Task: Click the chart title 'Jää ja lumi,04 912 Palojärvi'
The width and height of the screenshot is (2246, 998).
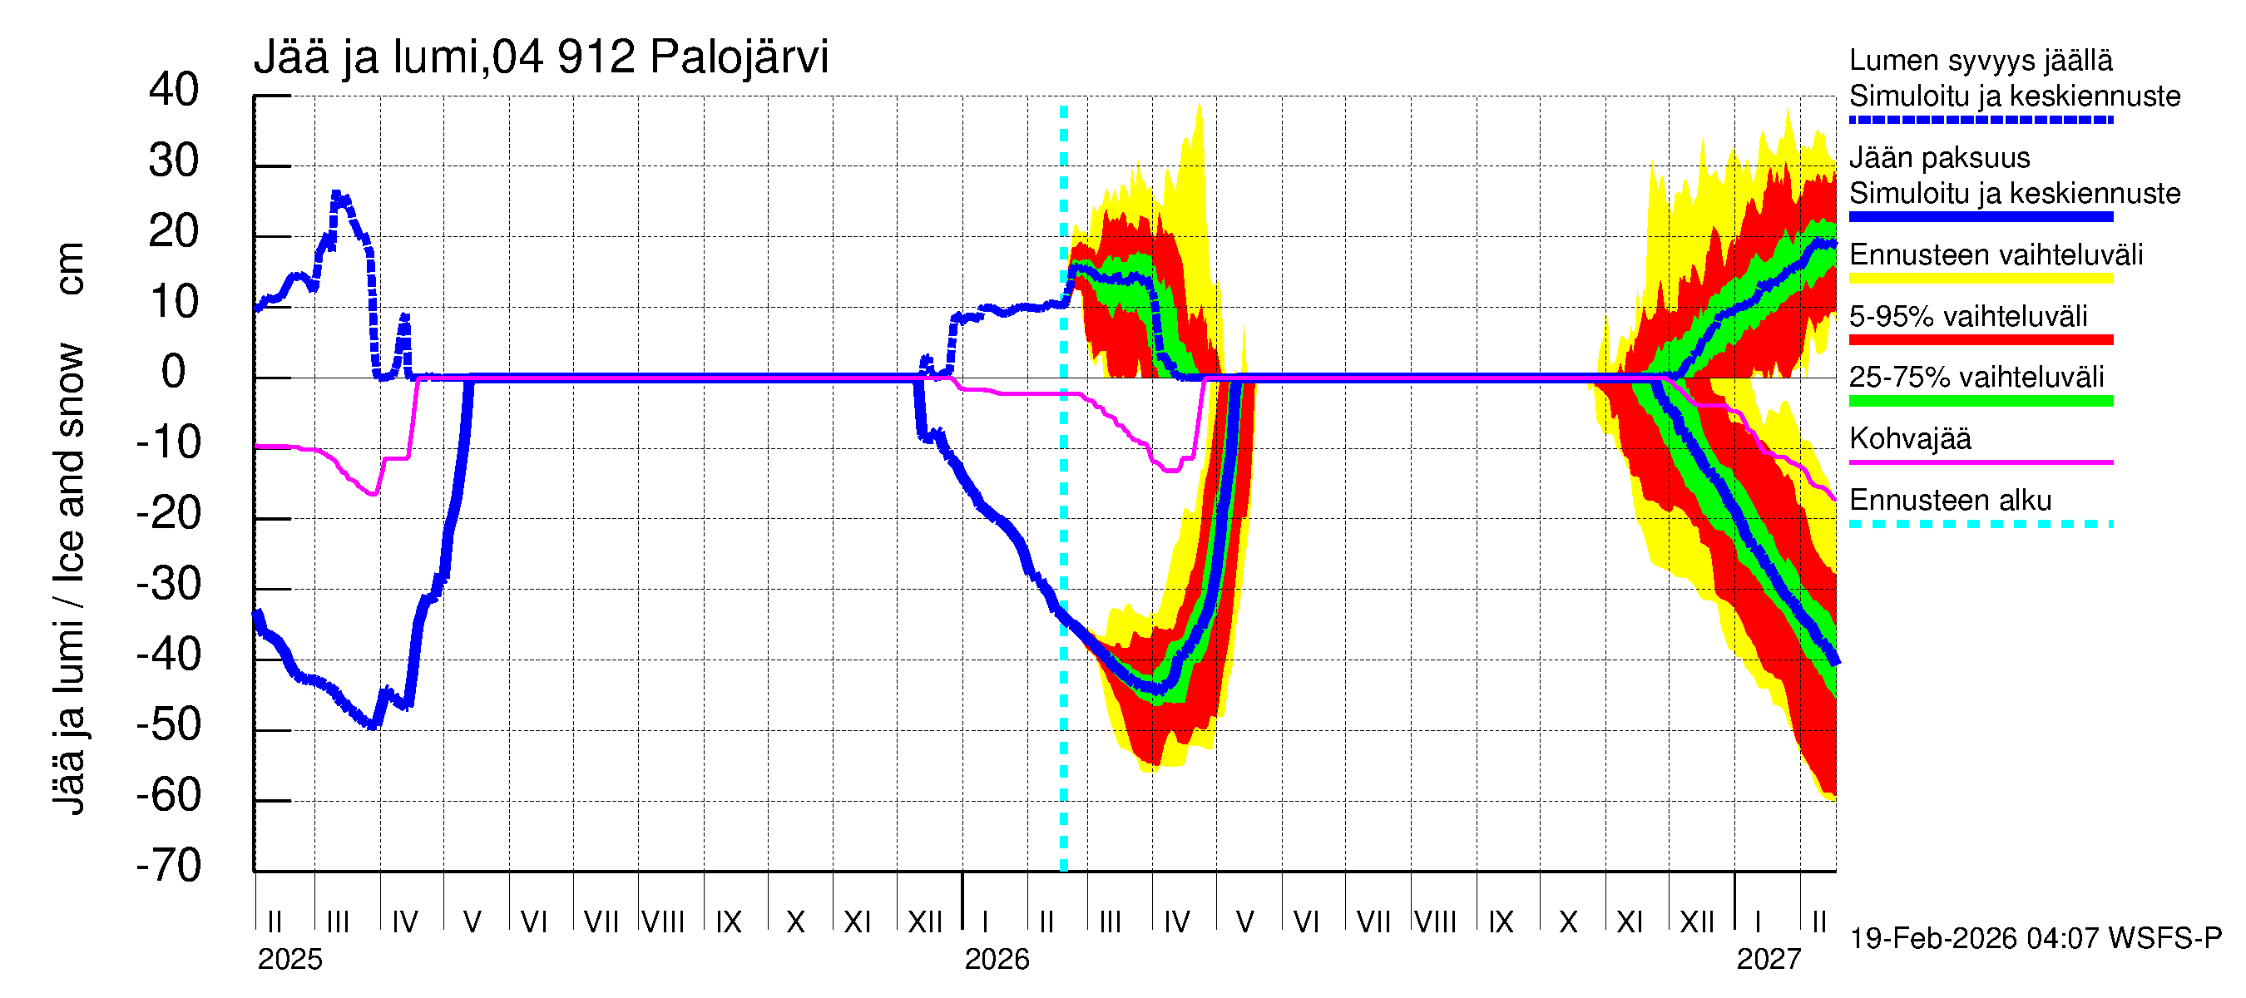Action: pyautogui.click(x=541, y=57)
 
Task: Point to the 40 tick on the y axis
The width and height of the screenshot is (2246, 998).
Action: pyautogui.click(x=174, y=91)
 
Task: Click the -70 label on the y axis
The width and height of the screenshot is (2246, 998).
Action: pyautogui.click(x=169, y=867)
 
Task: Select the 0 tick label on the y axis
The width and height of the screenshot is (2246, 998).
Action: pyautogui.click(x=174, y=373)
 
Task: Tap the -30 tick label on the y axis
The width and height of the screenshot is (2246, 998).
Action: pyautogui.click(x=169, y=585)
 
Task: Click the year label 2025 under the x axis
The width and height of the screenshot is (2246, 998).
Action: pyautogui.click(x=289, y=960)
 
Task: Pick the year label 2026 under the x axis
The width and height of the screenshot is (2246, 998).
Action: pyautogui.click(x=997, y=960)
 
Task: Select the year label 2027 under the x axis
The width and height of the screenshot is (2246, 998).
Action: pyautogui.click(x=1769, y=960)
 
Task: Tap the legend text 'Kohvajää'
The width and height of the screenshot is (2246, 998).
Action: pyautogui.click(x=1909, y=438)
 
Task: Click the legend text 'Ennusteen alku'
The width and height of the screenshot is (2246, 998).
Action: pyautogui.click(x=1950, y=501)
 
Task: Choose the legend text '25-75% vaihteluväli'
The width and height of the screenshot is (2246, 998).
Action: pyautogui.click(x=1976, y=378)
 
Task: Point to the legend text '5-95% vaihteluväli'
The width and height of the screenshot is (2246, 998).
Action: pyautogui.click(x=1968, y=316)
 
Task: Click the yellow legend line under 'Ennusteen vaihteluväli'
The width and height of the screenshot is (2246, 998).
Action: pyautogui.click(x=1980, y=279)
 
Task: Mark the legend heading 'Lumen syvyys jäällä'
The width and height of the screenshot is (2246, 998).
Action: pyautogui.click(x=1980, y=61)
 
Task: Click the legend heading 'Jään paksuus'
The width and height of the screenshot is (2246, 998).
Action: pyautogui.click(x=1939, y=158)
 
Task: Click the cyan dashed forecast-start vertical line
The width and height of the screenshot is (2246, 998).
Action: pyautogui.click(x=1064, y=523)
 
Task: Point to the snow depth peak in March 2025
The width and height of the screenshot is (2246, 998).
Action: pyautogui.click(x=338, y=196)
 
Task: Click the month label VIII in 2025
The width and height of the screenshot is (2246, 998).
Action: pyautogui.click(x=663, y=922)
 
